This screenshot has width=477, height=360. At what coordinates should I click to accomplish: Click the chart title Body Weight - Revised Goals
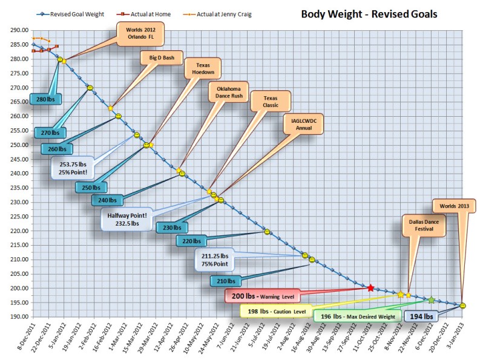369,13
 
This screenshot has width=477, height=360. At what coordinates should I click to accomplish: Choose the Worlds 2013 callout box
454,206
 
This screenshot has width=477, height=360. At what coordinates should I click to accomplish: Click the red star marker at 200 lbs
370,288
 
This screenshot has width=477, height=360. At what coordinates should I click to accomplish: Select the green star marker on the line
430,300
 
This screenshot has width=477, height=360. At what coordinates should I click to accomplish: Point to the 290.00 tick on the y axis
19,30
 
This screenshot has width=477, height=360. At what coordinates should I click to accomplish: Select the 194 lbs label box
421,316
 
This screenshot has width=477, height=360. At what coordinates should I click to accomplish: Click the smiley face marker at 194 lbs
462,306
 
